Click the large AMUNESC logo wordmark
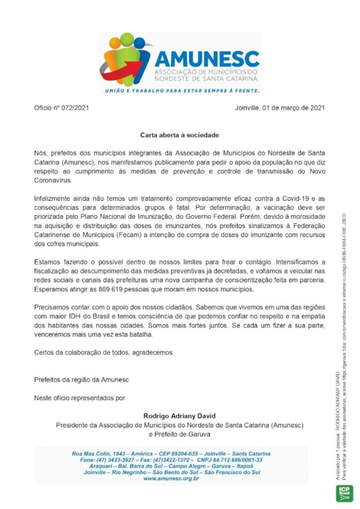[207, 59]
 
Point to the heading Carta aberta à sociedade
[180, 135]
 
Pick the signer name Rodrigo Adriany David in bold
[180, 416]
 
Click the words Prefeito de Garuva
[180, 434]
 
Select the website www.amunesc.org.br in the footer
[171, 478]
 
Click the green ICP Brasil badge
[345, 492]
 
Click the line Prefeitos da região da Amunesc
[82, 380]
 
